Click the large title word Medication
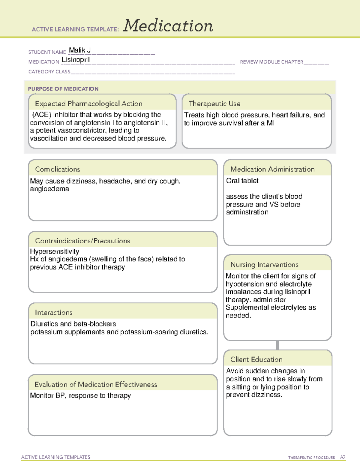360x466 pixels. click(168, 26)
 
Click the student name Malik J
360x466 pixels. click(80, 50)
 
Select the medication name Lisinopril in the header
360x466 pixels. click(76, 60)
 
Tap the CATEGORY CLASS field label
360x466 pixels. click(49, 72)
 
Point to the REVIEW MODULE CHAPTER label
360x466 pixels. click(271, 62)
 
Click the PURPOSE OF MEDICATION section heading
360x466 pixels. click(63, 89)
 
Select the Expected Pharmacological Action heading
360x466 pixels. click(88, 104)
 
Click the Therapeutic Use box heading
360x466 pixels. click(214, 104)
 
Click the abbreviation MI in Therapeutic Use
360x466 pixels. click(270, 123)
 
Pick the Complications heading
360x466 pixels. click(57, 169)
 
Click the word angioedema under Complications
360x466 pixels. click(49, 189)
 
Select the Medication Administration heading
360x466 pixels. click(272, 169)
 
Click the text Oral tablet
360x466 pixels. click(242, 181)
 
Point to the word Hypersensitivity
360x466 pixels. click(55, 251)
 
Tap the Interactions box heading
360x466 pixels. click(53, 312)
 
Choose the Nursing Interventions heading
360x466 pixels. click(264, 265)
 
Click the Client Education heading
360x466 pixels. click(256, 359)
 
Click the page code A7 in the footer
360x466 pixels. click(342, 457)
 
